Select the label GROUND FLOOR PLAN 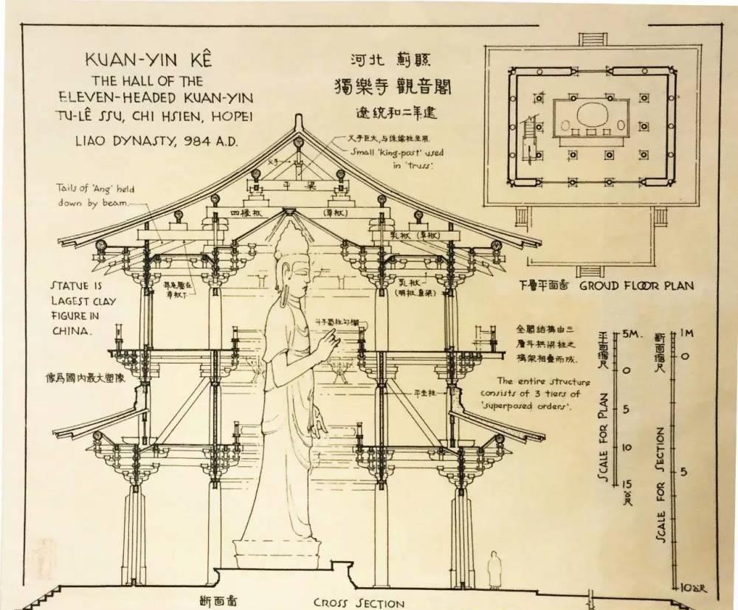[x=636, y=285]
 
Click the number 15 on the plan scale [x=629, y=483]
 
